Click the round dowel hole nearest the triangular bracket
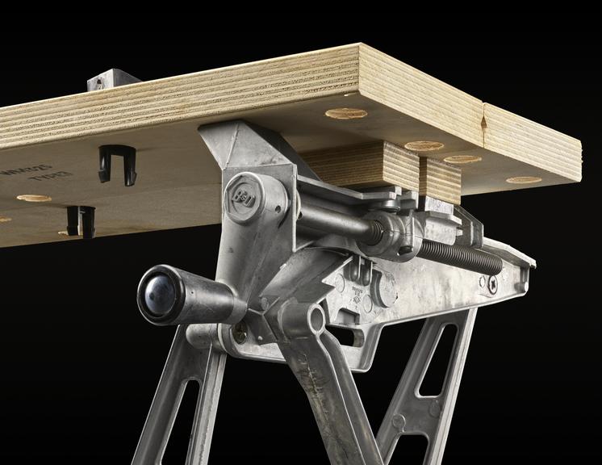click(x=345, y=113)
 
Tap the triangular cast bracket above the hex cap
click(x=234, y=145)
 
